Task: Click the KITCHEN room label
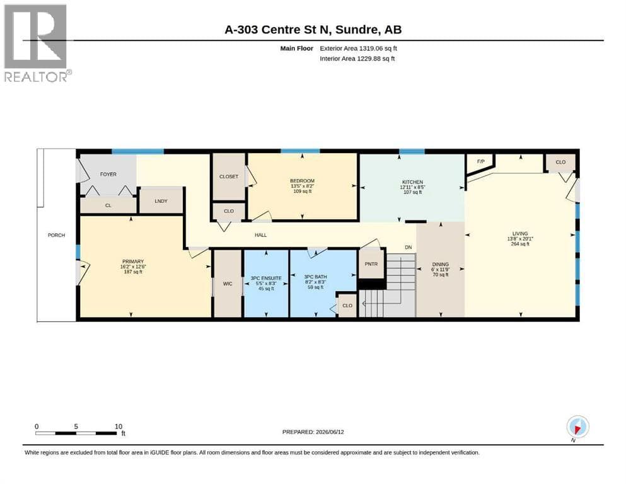(x=412, y=182)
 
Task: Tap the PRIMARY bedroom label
(x=133, y=262)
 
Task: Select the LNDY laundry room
(x=161, y=201)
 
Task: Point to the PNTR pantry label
(x=371, y=264)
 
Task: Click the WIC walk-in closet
(x=228, y=284)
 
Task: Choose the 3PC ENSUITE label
(x=266, y=278)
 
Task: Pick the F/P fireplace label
(x=480, y=161)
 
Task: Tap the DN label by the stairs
(x=409, y=248)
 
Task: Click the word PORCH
(x=56, y=236)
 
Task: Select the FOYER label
(x=108, y=175)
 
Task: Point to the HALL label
(x=261, y=236)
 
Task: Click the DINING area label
(x=441, y=264)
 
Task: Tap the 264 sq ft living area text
(x=520, y=244)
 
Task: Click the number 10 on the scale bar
(x=118, y=427)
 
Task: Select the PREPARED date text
(x=313, y=432)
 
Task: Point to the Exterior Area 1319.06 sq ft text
(x=358, y=49)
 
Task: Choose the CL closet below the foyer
(x=108, y=205)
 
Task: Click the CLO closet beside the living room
(x=560, y=162)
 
